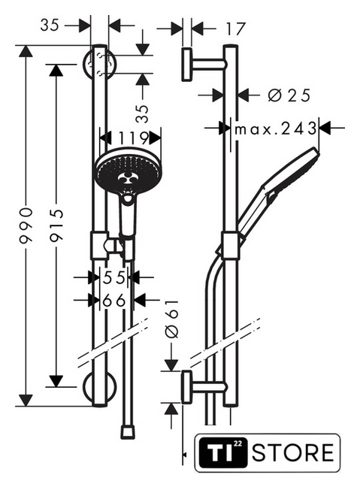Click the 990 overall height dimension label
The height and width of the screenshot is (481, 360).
click(26, 225)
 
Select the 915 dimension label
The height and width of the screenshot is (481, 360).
click(56, 225)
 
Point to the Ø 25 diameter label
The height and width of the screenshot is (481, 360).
click(289, 95)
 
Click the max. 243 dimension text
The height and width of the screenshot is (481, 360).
click(275, 129)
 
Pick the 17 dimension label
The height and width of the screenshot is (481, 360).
click(236, 29)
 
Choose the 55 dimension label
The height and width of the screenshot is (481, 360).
click(114, 277)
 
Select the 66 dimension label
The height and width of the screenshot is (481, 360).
click(114, 301)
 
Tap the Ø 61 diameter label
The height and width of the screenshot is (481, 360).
click(171, 319)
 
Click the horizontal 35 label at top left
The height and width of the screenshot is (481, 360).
click(50, 25)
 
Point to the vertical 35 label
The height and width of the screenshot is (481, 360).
click(142, 113)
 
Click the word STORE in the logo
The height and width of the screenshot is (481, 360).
click(293, 452)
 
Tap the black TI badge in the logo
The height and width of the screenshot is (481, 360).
click(222, 452)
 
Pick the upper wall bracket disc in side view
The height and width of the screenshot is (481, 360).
click(186, 65)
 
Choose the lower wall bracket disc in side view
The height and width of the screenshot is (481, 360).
click(186, 387)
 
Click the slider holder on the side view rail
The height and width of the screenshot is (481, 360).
click(230, 246)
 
